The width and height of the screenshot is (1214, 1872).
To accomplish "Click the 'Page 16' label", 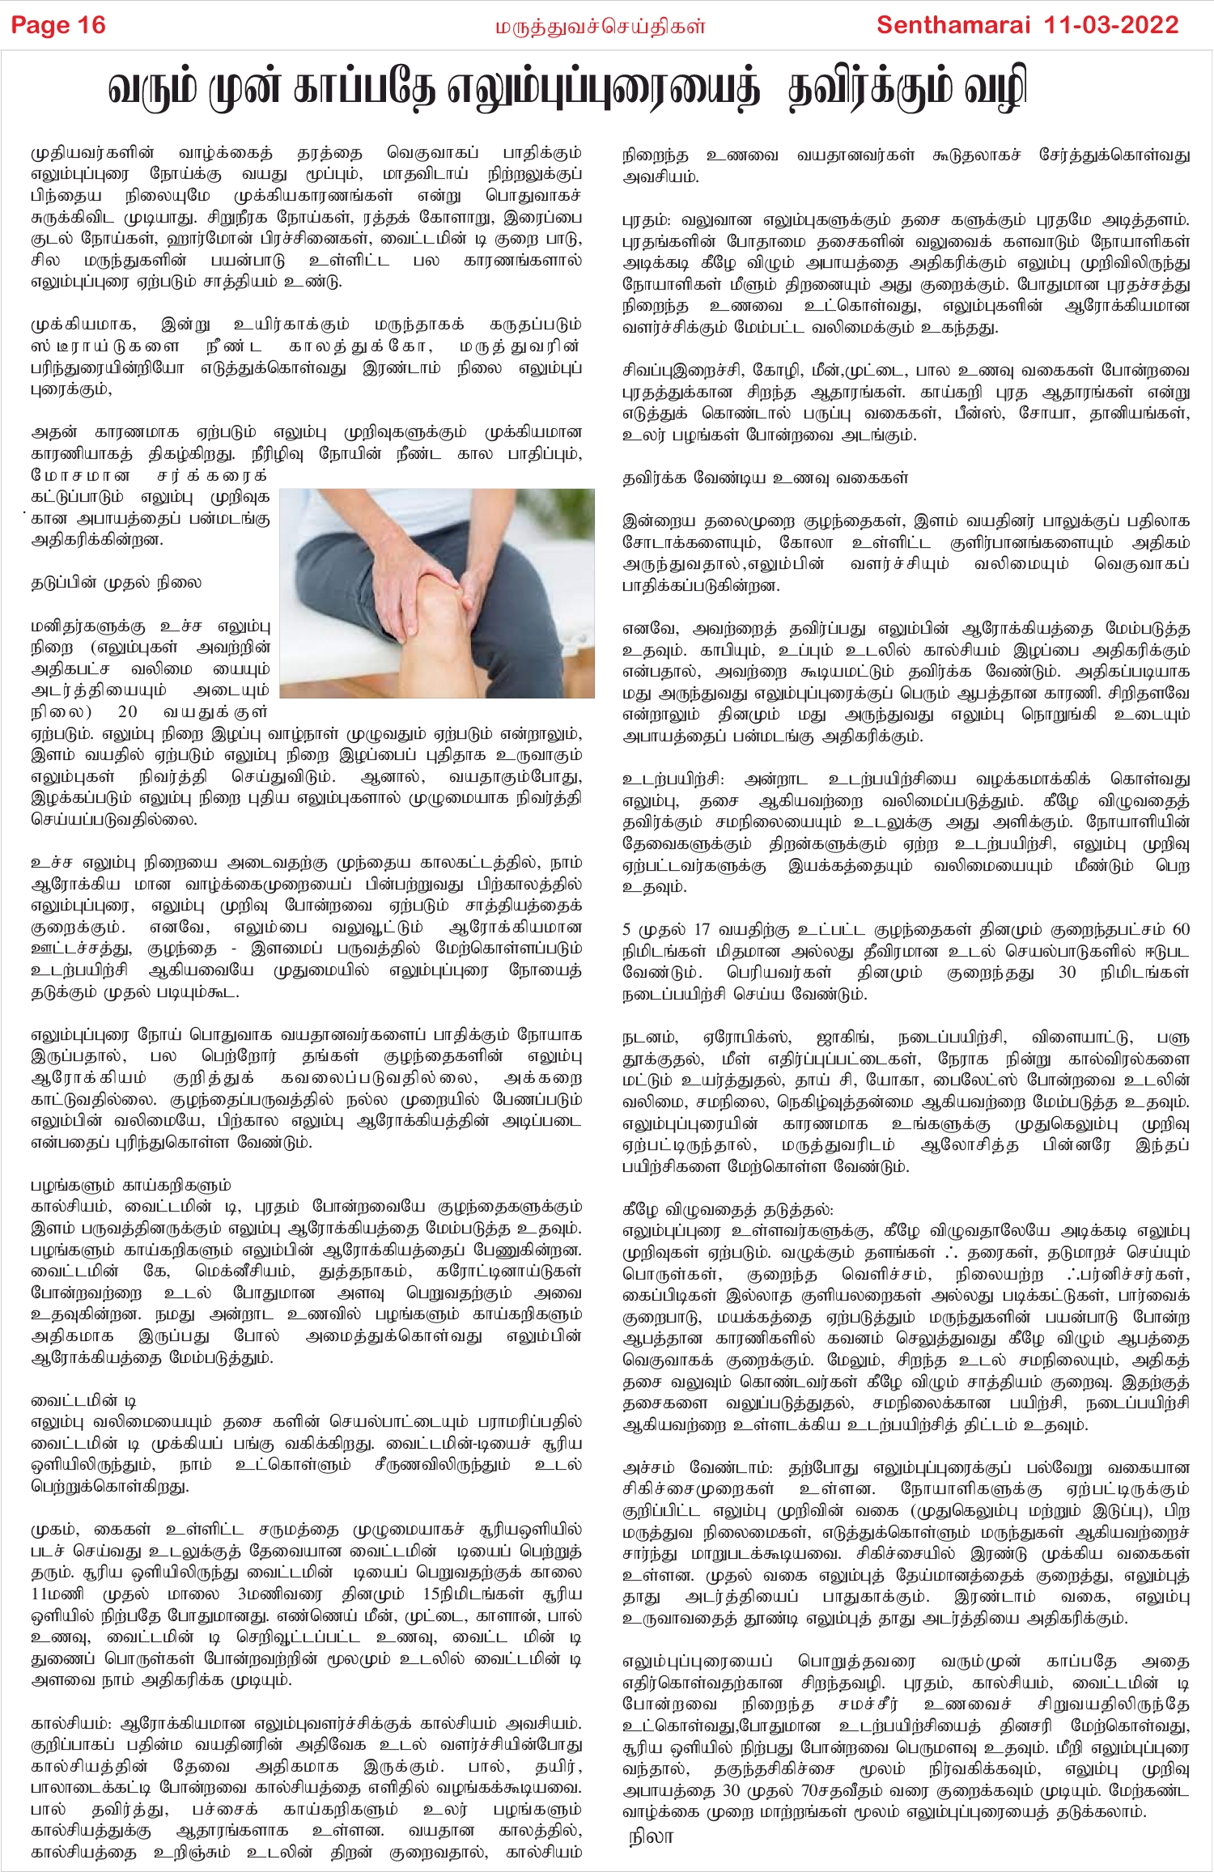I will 58,25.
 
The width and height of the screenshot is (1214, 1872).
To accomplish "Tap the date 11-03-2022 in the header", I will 1111,25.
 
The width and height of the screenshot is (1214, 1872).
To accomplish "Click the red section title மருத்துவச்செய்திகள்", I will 600,27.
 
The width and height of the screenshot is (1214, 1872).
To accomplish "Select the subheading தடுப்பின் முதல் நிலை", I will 116,583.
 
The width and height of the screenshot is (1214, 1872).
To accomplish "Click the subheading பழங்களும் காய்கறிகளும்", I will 130,1185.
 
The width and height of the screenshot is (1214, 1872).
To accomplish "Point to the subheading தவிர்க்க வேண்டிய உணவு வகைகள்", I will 765,478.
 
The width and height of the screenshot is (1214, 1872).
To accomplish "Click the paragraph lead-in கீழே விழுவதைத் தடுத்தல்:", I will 728,1210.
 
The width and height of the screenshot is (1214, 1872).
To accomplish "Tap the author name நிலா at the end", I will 651,1836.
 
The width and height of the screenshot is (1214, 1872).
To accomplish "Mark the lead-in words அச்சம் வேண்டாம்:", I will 698,1468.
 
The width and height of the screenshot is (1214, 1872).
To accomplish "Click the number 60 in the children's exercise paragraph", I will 1180,929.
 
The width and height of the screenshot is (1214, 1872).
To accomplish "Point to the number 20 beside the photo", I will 128,712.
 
